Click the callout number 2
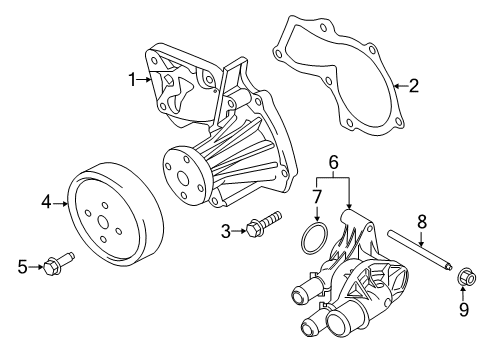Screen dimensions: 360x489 click(x=413, y=86)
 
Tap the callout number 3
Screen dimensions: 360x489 click(x=226, y=232)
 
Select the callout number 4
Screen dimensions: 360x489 click(x=45, y=203)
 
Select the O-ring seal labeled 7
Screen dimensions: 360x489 click(x=313, y=240)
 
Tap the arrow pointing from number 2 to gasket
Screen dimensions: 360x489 click(x=398, y=87)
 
